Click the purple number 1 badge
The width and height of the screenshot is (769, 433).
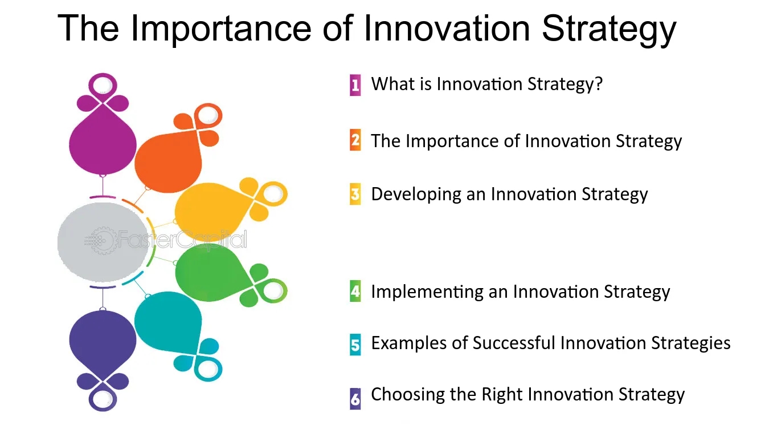coord(355,85)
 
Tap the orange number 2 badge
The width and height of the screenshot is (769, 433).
coord(355,140)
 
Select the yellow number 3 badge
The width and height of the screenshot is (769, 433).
coord(355,194)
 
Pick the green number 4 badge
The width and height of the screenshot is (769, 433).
coord(355,292)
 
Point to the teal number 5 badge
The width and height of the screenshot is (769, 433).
coord(355,345)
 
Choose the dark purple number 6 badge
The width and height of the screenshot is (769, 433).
coord(355,399)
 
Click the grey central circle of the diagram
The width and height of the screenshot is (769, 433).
coord(103,242)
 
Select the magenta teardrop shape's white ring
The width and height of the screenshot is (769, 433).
coord(103,84)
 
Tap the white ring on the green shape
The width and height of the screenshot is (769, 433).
coord(274,291)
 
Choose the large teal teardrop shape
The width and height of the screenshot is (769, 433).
coord(168,323)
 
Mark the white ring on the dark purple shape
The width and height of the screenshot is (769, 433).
coord(103,400)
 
